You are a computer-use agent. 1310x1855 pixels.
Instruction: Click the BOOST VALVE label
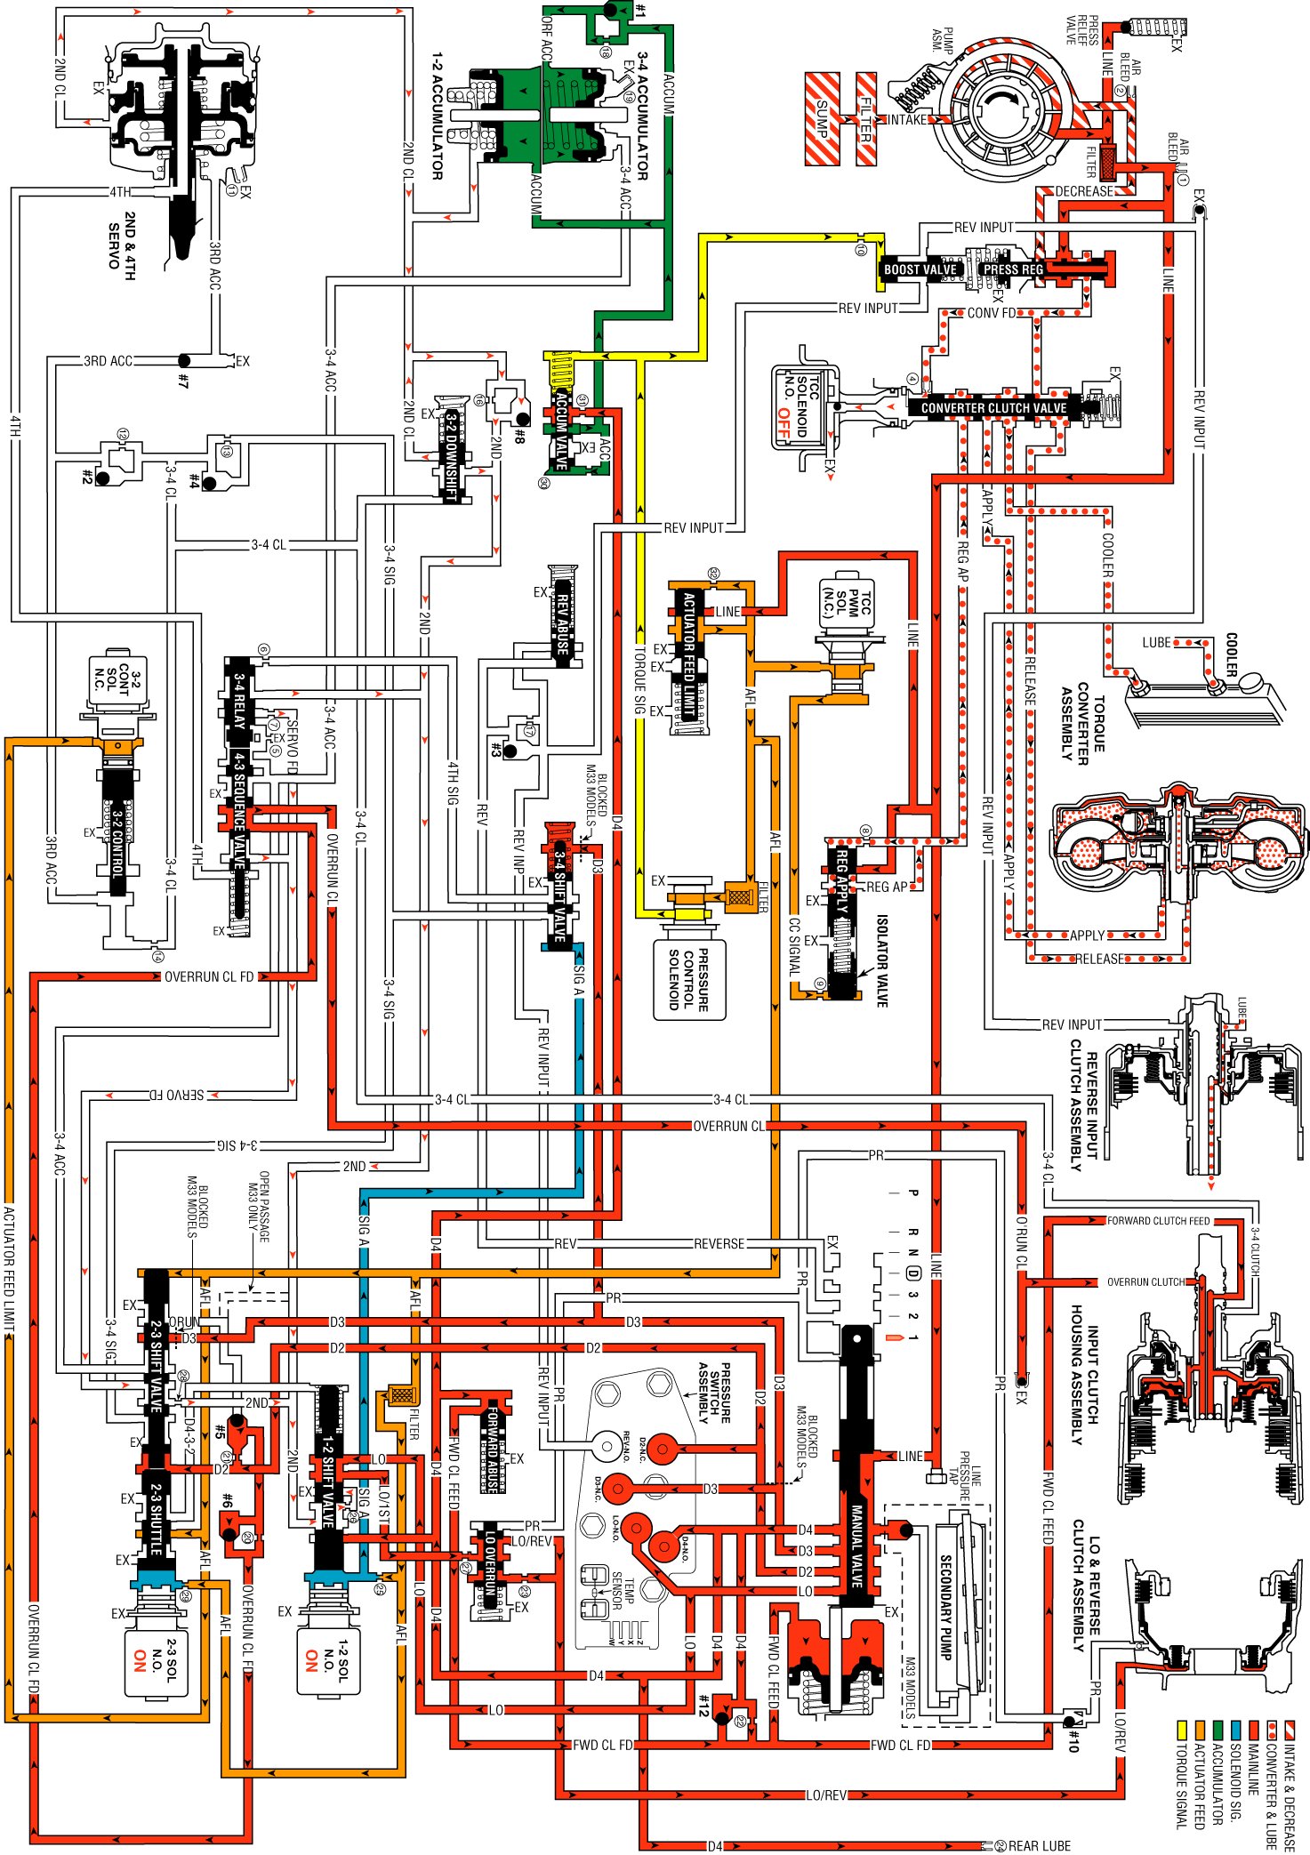click(920, 269)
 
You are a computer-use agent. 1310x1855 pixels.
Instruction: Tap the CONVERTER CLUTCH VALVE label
click(993, 408)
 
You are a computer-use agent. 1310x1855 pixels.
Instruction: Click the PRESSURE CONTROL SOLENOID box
click(689, 979)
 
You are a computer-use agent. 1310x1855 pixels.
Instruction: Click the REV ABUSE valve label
click(562, 619)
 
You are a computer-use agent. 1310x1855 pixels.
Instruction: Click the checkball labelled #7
click(183, 361)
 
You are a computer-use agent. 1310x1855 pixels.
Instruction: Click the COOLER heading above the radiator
click(1232, 655)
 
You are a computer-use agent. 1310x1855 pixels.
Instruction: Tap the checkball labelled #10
click(1070, 1722)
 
